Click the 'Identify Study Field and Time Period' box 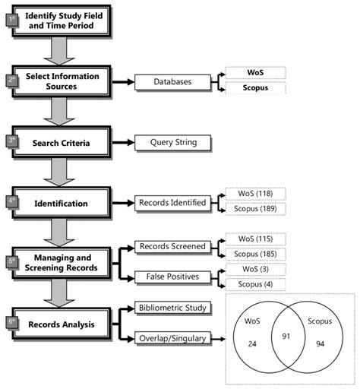pyautogui.click(x=61, y=21)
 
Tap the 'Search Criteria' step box pyautogui.click(x=62, y=142)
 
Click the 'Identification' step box pyautogui.click(x=62, y=203)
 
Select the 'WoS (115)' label pyautogui.click(x=255, y=238)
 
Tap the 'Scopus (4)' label pyautogui.click(x=255, y=283)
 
